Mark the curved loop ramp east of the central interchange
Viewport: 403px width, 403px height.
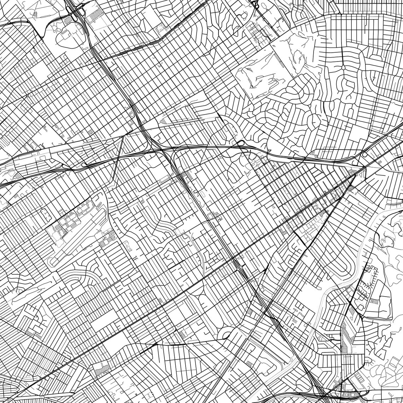coord(241,143)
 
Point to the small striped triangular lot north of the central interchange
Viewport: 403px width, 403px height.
coord(163,121)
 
